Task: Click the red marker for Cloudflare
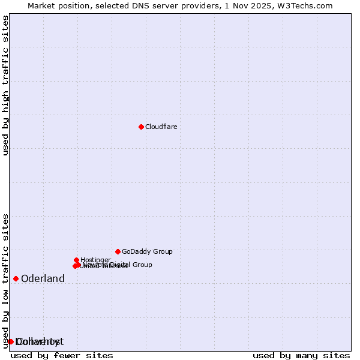pyautogui.click(x=141, y=127)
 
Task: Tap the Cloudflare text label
pyautogui.click(x=161, y=127)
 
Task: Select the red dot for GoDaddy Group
pyautogui.click(x=118, y=251)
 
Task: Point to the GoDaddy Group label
pyautogui.click(x=147, y=251)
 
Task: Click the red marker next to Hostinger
pyautogui.click(x=76, y=260)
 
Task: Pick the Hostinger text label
pyautogui.click(x=95, y=260)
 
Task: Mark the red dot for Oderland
pyautogui.click(x=16, y=278)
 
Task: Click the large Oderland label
pyautogui.click(x=43, y=278)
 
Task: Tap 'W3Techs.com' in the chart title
pyautogui.click(x=307, y=5)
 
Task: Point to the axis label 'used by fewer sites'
pyautogui.click(x=62, y=355)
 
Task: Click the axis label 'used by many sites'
pyautogui.click(x=301, y=355)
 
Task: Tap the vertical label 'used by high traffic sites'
pyautogui.click(x=5, y=85)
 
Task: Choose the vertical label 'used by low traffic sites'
pyautogui.click(x=5, y=281)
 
